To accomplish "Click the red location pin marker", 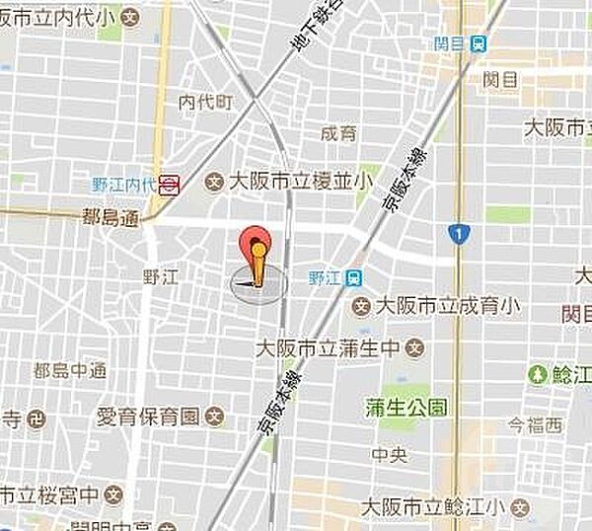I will click(x=257, y=247).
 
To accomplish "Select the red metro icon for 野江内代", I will click(x=170, y=183).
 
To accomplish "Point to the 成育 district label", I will click(x=338, y=133).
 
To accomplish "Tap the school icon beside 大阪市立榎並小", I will click(x=212, y=182).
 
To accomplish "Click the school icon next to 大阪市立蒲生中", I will click(x=416, y=347).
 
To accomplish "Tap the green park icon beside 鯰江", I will click(x=538, y=374).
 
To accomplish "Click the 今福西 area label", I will click(x=534, y=425).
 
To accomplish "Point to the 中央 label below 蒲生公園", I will click(x=386, y=455).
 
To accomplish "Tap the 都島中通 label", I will click(x=69, y=371).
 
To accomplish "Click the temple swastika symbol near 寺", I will click(x=37, y=417).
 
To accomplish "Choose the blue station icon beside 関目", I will click(x=479, y=43).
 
